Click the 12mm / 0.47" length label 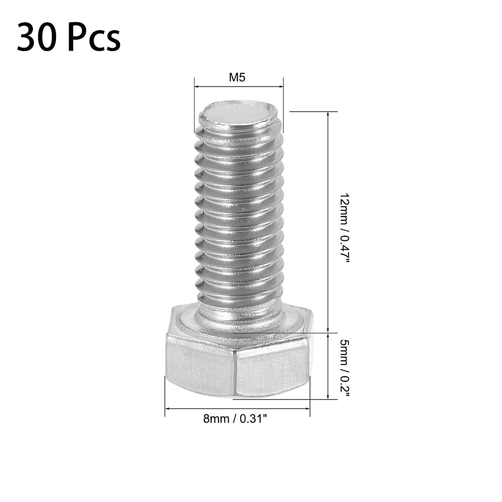(x=344, y=228)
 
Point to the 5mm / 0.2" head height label (x=344, y=368)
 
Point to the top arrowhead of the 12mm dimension (x=328, y=114)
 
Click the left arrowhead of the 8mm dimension (x=167, y=408)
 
